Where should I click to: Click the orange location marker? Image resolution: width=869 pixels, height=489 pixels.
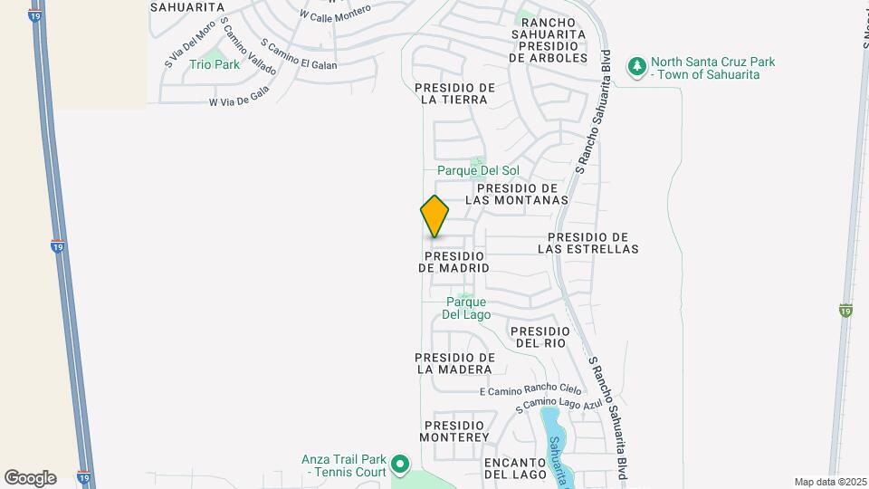click(x=434, y=216)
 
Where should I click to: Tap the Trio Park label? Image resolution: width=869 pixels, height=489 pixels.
click(x=215, y=64)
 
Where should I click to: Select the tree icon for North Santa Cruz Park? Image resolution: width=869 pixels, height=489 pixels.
click(x=638, y=68)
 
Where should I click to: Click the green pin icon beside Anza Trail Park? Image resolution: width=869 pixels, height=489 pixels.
click(x=401, y=465)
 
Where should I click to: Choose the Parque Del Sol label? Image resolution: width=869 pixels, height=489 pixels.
click(x=478, y=170)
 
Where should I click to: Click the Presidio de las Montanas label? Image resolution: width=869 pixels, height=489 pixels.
click(x=516, y=193)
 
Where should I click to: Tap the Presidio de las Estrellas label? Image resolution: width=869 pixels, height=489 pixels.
click(x=587, y=242)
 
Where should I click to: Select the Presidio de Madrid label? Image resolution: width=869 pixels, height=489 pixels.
click(x=454, y=262)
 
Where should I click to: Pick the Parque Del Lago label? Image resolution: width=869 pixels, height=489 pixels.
click(x=466, y=308)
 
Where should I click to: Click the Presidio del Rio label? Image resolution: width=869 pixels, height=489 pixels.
click(x=540, y=337)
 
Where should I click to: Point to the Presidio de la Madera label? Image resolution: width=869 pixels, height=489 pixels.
click(x=454, y=363)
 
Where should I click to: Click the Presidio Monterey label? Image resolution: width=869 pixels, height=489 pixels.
click(x=455, y=431)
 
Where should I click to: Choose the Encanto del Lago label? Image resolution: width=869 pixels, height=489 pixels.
click(x=515, y=467)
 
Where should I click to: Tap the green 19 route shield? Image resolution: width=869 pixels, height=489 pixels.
click(x=845, y=311)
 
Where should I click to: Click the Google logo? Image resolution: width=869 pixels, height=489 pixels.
click(x=30, y=477)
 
